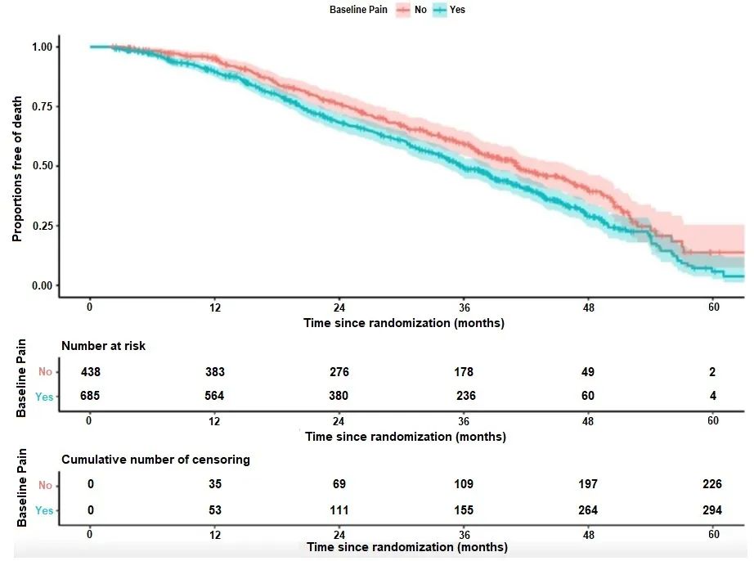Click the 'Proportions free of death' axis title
tap(17, 166)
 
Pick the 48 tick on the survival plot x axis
tap(589, 307)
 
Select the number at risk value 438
tap(91, 372)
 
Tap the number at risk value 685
tap(91, 397)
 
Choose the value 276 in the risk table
tap(339, 372)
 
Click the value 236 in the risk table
tap(465, 397)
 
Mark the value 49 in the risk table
tap(589, 372)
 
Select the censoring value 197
tap(589, 485)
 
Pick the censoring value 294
tap(712, 510)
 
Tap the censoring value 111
tap(339, 510)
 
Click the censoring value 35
tap(215, 485)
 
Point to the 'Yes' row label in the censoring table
tap(44, 510)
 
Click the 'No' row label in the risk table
tap(45, 372)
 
